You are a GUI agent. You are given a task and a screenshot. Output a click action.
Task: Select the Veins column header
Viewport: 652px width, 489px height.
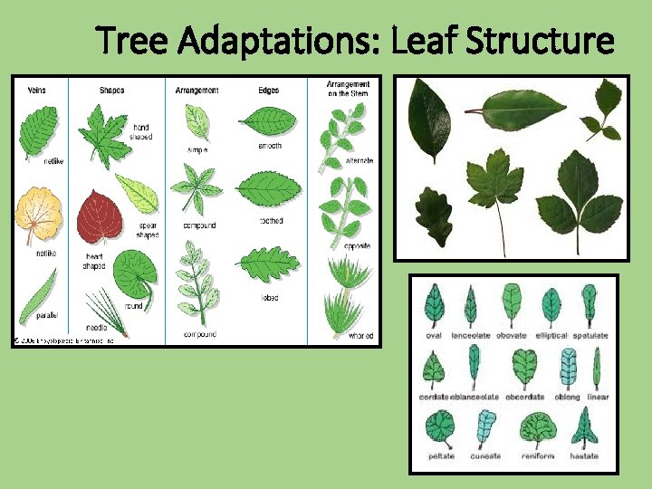[37, 90]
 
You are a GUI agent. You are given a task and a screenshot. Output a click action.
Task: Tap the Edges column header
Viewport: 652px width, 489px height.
[268, 90]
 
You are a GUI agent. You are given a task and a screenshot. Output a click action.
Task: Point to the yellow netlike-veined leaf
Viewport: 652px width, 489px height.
[36, 214]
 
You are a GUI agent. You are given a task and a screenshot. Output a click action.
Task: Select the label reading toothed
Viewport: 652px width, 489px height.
[271, 221]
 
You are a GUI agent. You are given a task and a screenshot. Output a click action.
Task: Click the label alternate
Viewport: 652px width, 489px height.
[334, 161]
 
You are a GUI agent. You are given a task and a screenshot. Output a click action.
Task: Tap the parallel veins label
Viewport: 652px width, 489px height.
[47, 315]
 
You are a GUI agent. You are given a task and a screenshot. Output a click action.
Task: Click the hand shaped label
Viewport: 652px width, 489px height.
[142, 132]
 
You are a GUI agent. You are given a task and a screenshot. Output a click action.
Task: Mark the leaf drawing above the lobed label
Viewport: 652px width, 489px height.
[269, 264]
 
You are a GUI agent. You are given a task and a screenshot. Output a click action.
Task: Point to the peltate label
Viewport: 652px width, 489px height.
[441, 456]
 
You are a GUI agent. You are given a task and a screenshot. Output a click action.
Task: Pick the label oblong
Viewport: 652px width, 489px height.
[567, 397]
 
